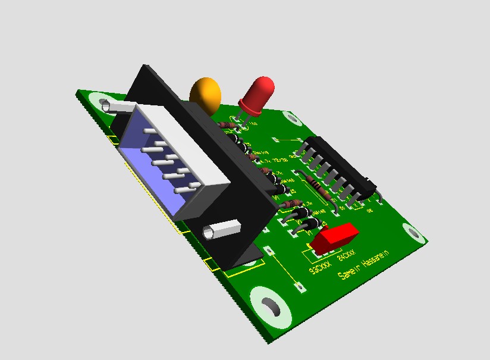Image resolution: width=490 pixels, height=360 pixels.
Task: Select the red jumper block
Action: [x=334, y=236]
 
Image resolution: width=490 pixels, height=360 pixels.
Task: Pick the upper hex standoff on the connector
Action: [x=116, y=107]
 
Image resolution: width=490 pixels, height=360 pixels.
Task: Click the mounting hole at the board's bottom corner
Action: [x=272, y=308]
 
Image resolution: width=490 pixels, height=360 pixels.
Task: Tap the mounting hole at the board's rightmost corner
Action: [x=413, y=233]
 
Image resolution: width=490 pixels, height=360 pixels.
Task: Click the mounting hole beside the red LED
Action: [x=292, y=117]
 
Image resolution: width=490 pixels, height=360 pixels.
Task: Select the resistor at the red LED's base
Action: [x=228, y=126]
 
